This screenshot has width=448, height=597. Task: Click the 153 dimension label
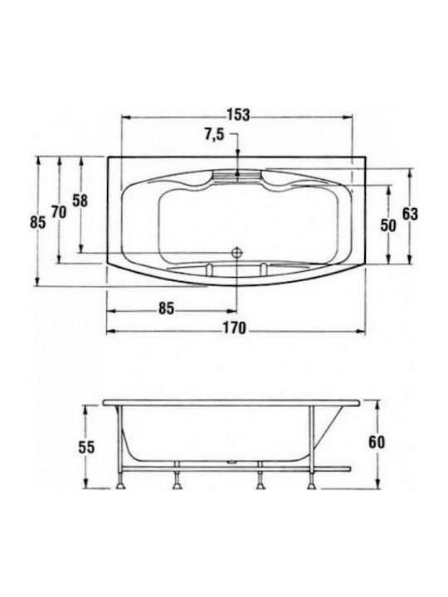(x=238, y=114)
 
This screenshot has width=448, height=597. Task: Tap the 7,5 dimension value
(x=215, y=135)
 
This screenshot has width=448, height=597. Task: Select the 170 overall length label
(x=235, y=328)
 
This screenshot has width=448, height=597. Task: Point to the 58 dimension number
(x=80, y=201)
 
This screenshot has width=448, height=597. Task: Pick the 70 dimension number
(x=59, y=211)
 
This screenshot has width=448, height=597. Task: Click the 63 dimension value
(x=411, y=214)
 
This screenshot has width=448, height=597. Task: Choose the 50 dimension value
(x=388, y=226)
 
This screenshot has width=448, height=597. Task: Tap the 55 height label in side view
(x=86, y=448)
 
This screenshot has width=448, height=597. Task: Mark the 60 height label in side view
(x=377, y=443)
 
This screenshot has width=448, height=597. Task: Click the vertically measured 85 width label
(x=38, y=222)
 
